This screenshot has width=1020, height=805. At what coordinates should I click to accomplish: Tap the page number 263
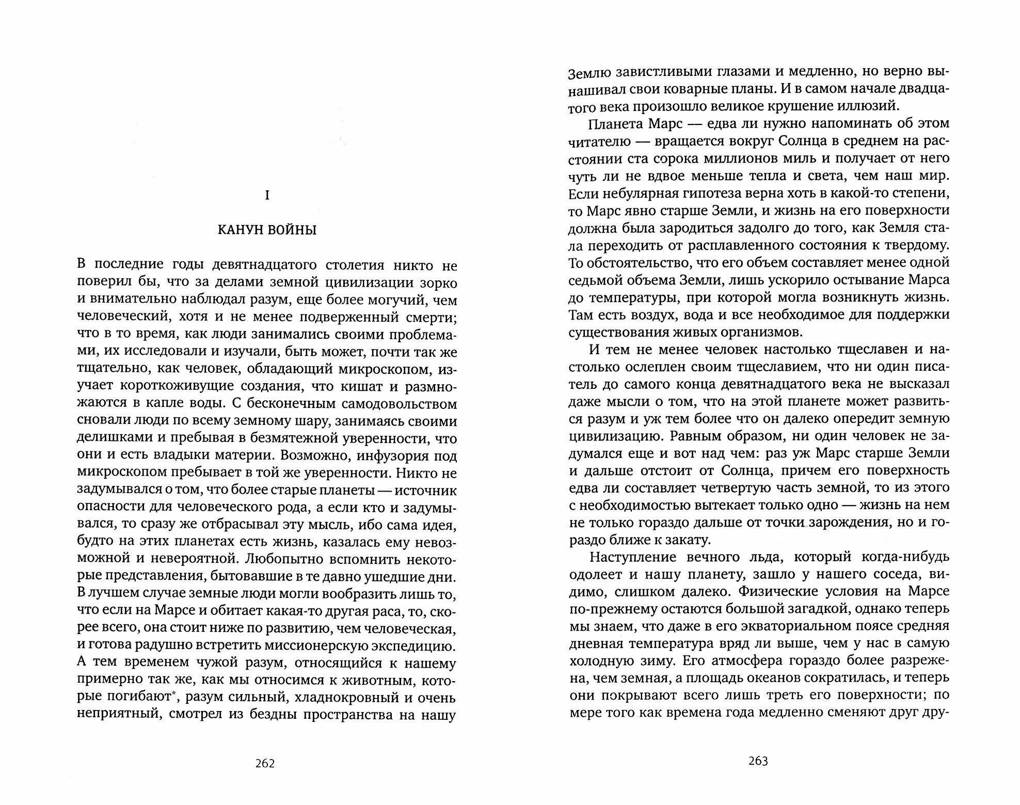(758, 761)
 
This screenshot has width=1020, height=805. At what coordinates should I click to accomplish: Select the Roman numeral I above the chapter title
(266, 196)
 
